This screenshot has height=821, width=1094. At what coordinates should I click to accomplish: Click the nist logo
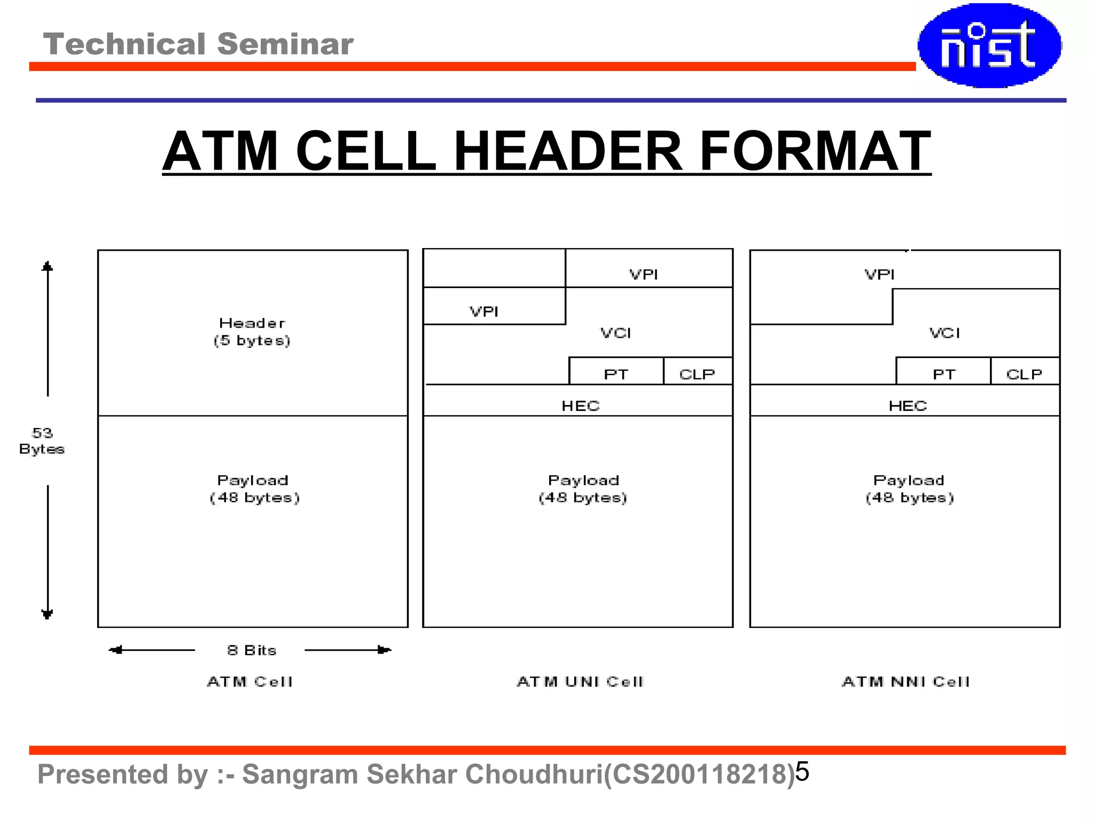coord(989,45)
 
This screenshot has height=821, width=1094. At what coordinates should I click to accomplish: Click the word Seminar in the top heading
coord(285,44)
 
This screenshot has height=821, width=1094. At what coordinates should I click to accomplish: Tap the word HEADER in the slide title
coord(567,151)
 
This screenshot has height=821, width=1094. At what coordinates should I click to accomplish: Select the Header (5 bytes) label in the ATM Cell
coord(252,331)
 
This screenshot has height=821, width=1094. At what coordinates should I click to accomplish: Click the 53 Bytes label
coord(42,441)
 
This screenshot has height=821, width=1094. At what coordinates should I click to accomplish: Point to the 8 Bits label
coord(252,650)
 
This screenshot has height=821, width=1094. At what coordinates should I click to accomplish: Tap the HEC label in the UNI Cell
coord(581,406)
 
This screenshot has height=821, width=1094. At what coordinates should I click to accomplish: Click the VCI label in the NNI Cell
coord(944,333)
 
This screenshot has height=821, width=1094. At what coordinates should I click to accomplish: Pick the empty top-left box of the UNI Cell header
coord(494,268)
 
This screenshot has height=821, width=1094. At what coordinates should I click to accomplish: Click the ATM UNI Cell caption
coord(581,681)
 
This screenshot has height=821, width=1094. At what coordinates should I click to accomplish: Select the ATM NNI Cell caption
coord(906,681)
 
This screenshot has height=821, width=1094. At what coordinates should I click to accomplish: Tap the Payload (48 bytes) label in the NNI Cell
coord(909,489)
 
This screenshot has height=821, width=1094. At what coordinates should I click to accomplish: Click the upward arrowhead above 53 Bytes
coord(48,266)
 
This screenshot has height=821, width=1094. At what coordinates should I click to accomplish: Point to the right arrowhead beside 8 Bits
coord(385,650)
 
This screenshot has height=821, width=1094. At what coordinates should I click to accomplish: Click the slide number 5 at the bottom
coord(802,771)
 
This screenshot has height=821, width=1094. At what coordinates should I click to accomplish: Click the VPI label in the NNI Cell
coord(879,274)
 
